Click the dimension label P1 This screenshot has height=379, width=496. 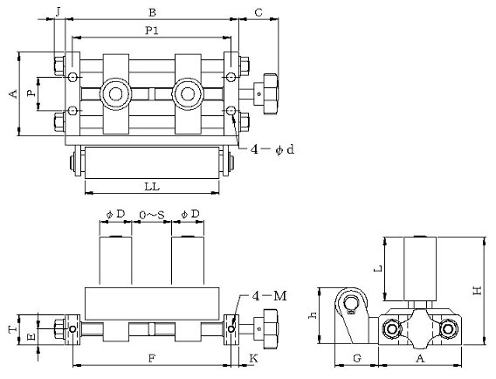tap(152, 31)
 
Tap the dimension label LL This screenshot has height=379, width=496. tap(152, 187)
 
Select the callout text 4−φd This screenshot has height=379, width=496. tap(272, 149)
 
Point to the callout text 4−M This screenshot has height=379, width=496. tap(269, 296)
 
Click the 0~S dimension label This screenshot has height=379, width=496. tap(152, 215)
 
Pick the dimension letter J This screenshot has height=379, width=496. tap(59, 12)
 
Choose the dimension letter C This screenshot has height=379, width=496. tap(258, 12)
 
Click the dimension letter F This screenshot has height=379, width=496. tap(152, 358)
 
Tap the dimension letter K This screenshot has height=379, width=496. tap(254, 358)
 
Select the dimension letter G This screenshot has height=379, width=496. tap(357, 358)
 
